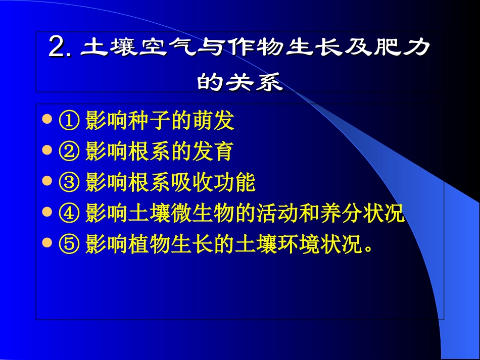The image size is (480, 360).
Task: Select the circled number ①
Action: tap(69, 121)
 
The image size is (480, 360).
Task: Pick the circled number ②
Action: tap(69, 151)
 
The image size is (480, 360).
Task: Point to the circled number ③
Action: tap(69, 183)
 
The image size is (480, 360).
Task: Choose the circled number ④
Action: tap(69, 214)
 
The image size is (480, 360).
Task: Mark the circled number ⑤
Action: tap(69, 245)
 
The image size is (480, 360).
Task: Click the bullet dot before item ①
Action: tap(47, 120)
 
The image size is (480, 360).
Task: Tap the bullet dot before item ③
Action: tap(47, 181)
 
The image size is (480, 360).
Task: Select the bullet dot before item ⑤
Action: tap(47, 243)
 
